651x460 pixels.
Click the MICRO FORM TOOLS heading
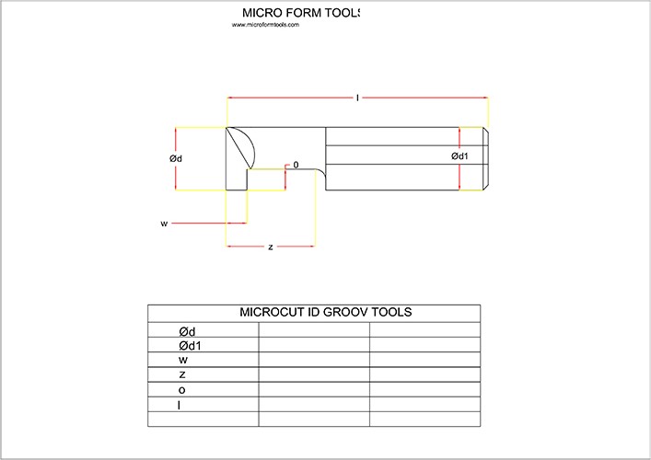click(300, 13)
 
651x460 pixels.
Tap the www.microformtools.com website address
click(266, 25)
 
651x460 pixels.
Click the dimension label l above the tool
click(357, 97)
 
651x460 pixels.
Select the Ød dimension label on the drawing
click(176, 158)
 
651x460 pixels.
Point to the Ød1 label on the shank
click(459, 156)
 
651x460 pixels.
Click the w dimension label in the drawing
click(163, 223)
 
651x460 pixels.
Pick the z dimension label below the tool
click(270, 247)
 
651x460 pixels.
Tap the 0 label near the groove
click(296, 165)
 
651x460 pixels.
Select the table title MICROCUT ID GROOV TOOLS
click(325, 312)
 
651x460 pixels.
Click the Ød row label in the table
click(188, 331)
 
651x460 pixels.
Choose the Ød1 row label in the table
click(191, 346)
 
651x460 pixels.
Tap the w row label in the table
click(183, 360)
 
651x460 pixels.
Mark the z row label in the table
click(182, 374)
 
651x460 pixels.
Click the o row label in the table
click(182, 389)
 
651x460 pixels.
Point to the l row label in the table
click(180, 404)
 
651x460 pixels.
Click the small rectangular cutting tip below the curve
click(237, 179)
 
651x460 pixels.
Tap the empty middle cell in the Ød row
click(314, 331)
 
